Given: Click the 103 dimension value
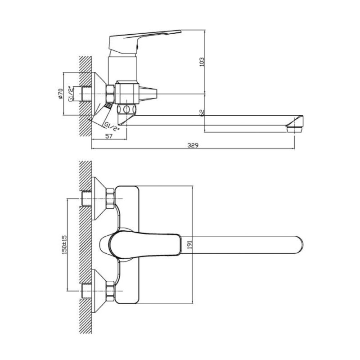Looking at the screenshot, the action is pyautogui.click(x=202, y=62).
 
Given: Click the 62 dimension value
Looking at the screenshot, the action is pyautogui.click(x=202, y=113).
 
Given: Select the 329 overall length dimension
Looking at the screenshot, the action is pyautogui.click(x=193, y=145).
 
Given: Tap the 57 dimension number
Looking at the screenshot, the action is pyautogui.click(x=109, y=136).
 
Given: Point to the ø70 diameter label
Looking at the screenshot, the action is pyautogui.click(x=60, y=94).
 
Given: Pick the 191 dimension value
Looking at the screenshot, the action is pyautogui.click(x=189, y=245).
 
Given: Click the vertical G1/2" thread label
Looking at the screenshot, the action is pyautogui.click(x=71, y=94).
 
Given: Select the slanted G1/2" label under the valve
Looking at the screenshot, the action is pyautogui.click(x=112, y=126).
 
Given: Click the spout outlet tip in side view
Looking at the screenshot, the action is pyautogui.click(x=295, y=129).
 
